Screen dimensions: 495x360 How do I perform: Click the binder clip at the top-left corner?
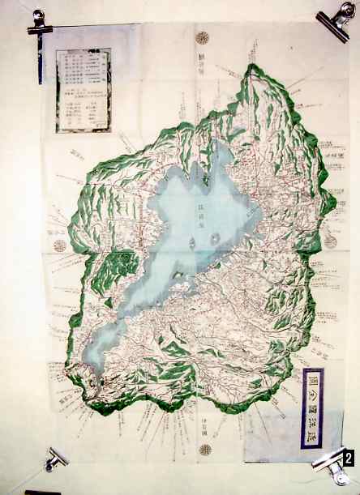pos(38,23)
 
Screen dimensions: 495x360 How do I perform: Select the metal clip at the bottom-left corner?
pos(55,459)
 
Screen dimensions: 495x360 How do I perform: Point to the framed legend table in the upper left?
pos(84,90)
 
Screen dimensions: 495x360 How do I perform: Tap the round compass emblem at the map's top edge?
pos(203,37)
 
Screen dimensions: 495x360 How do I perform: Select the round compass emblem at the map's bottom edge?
pos(205,449)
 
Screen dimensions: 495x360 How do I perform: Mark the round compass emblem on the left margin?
pos(59,245)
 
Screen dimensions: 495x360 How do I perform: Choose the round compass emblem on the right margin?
pos(330,241)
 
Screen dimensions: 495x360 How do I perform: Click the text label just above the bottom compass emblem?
pos(204,430)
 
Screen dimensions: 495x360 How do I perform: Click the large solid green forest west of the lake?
pos(122,267)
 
